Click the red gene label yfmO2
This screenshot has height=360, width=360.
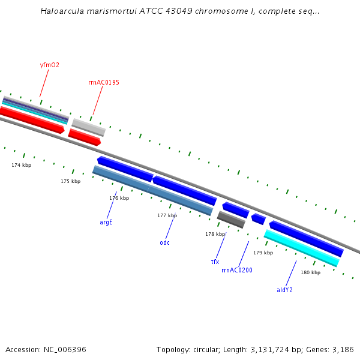(49, 65)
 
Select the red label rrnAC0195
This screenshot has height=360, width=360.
(103, 82)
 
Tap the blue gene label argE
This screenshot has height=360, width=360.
(106, 222)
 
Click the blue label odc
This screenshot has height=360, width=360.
(164, 242)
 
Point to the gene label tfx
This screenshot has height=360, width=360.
(215, 262)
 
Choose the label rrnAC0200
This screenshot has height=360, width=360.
(237, 270)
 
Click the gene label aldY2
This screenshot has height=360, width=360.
(284, 290)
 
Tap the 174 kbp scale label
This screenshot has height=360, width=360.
(21, 164)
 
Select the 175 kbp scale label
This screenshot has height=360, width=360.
(70, 181)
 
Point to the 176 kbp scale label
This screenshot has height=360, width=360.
(119, 198)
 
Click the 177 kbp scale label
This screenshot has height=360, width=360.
(167, 215)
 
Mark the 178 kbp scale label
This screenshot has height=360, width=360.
(215, 234)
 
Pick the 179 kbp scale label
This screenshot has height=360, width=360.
(263, 253)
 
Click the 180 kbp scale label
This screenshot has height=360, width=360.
(310, 272)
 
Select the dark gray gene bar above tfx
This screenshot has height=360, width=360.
(231, 220)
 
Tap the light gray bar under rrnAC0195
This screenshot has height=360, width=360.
(89, 127)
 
